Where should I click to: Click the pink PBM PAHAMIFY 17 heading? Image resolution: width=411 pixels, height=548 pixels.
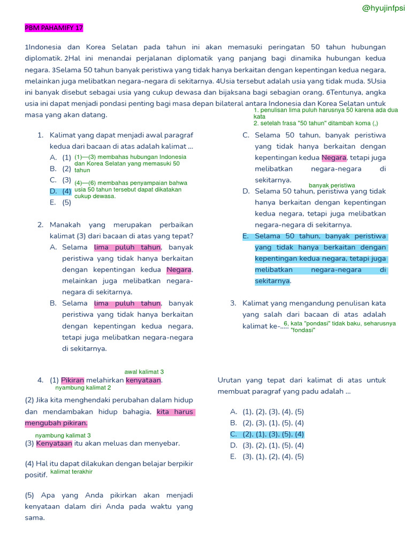tap(54, 28)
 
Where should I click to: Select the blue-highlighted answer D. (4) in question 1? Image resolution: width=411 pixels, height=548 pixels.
tap(60, 191)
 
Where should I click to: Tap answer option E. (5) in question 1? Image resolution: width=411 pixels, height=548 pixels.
tap(60, 202)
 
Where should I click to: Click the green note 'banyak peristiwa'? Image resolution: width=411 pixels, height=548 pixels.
tap(332, 185)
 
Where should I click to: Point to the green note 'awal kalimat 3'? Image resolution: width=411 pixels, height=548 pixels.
tap(144, 371)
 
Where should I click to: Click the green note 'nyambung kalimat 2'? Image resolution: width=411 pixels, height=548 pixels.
tap(83, 387)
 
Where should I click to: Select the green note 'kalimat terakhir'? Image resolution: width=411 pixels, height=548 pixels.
tap(71, 471)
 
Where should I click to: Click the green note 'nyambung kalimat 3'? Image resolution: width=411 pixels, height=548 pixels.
tap(63, 435)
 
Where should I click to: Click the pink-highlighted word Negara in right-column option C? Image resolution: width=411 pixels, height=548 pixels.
tap(334, 158)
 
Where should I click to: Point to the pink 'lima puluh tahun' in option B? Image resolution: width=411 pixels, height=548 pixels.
tap(127, 303)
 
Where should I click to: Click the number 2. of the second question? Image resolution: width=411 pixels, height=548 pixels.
tap(41, 224)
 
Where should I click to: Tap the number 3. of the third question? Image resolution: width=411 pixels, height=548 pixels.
tap(233, 303)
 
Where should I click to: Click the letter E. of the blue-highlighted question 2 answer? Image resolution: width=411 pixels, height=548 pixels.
tap(246, 236)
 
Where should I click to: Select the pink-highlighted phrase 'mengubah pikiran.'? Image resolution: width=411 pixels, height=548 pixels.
tap(56, 423)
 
